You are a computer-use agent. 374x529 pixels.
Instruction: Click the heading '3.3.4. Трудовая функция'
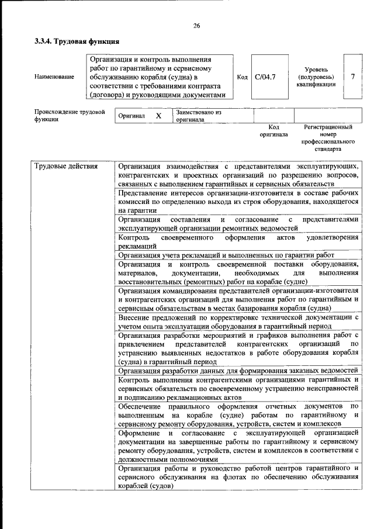pyautogui.click(x=77, y=42)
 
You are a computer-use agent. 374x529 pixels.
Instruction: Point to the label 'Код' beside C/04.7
pyautogui.click(x=243, y=77)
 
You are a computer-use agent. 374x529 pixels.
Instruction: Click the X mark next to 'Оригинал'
pyautogui.click(x=158, y=116)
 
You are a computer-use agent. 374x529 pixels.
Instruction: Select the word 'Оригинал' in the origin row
pyautogui.click(x=131, y=116)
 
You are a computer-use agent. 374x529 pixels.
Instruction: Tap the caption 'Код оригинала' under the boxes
pyautogui.click(x=273, y=130)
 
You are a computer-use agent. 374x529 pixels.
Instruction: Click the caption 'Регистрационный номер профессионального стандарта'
pyautogui.click(x=328, y=138)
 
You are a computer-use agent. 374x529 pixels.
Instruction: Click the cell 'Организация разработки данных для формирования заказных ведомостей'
pyautogui.click(x=236, y=370)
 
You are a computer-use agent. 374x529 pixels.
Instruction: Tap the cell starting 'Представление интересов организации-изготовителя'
pyautogui.click(x=236, y=201)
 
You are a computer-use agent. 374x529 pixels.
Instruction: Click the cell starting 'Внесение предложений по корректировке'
pyautogui.click(x=236, y=321)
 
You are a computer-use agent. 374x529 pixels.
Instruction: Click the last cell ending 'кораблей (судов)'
pyautogui.click(x=236, y=477)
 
